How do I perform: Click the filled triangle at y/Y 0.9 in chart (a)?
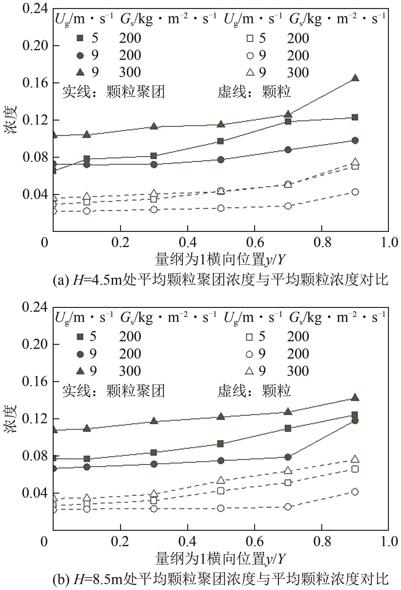point(355,78)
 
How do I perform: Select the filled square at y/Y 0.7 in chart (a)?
point(288,121)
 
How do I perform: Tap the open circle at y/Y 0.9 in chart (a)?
point(355,192)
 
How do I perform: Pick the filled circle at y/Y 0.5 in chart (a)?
point(221,160)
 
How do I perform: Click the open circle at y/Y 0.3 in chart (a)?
point(154,210)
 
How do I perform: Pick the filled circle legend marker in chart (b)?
point(80,354)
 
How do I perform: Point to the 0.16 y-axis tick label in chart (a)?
point(35,83)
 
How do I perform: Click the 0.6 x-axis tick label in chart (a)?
point(255,243)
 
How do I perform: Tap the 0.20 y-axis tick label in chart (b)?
point(35,344)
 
